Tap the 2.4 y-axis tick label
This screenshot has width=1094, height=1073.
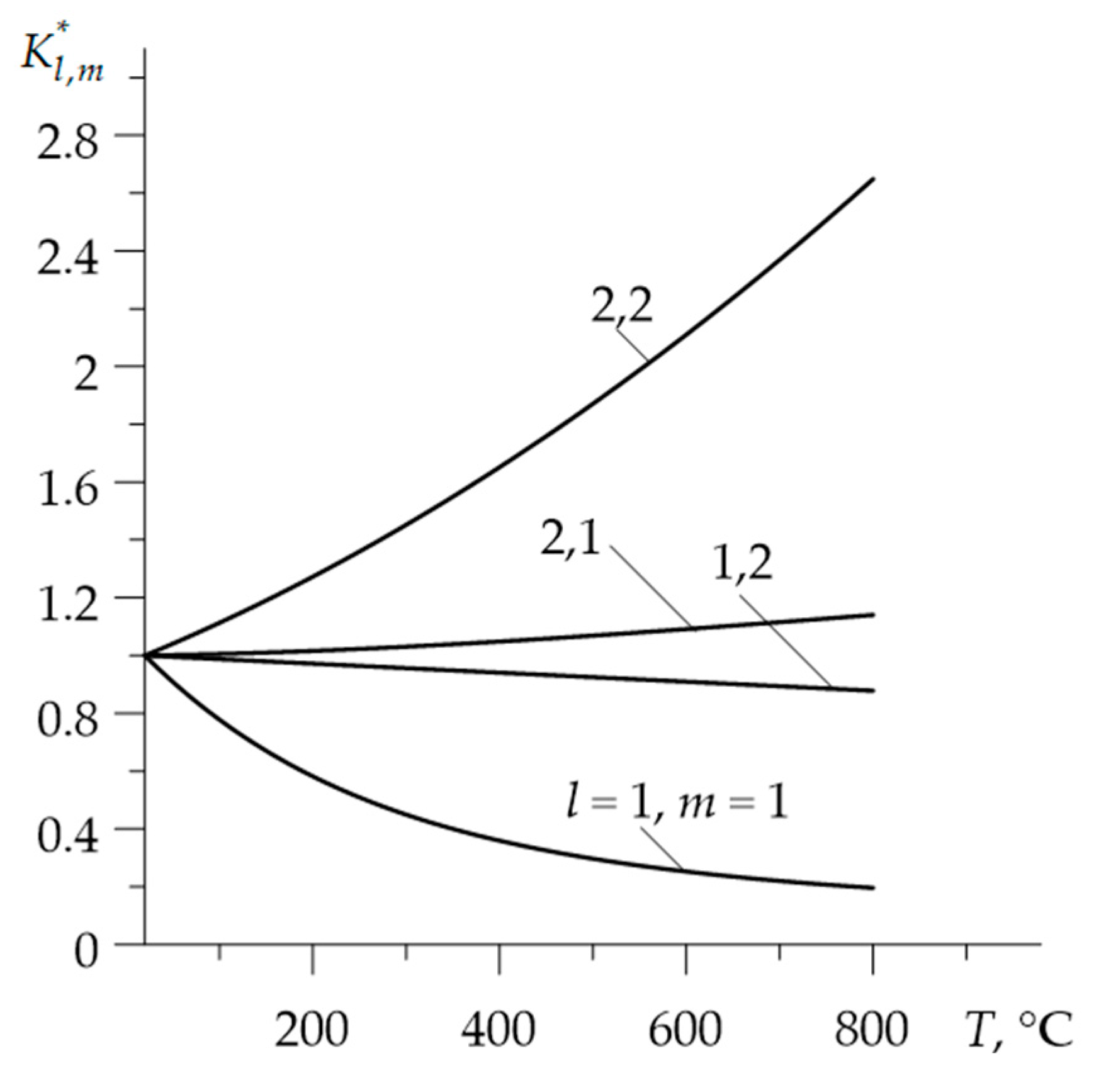(x=68, y=261)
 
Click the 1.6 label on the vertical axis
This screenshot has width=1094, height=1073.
(x=68, y=492)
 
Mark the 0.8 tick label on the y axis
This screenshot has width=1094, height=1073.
(x=68, y=723)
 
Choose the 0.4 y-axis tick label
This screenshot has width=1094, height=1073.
(x=68, y=838)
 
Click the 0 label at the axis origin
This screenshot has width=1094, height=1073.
(x=86, y=953)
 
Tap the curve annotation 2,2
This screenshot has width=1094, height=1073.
(x=621, y=307)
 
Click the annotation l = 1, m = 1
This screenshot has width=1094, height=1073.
(x=677, y=804)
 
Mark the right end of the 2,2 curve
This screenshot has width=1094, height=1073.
(x=873, y=179)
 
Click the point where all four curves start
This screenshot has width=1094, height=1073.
(x=145, y=656)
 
